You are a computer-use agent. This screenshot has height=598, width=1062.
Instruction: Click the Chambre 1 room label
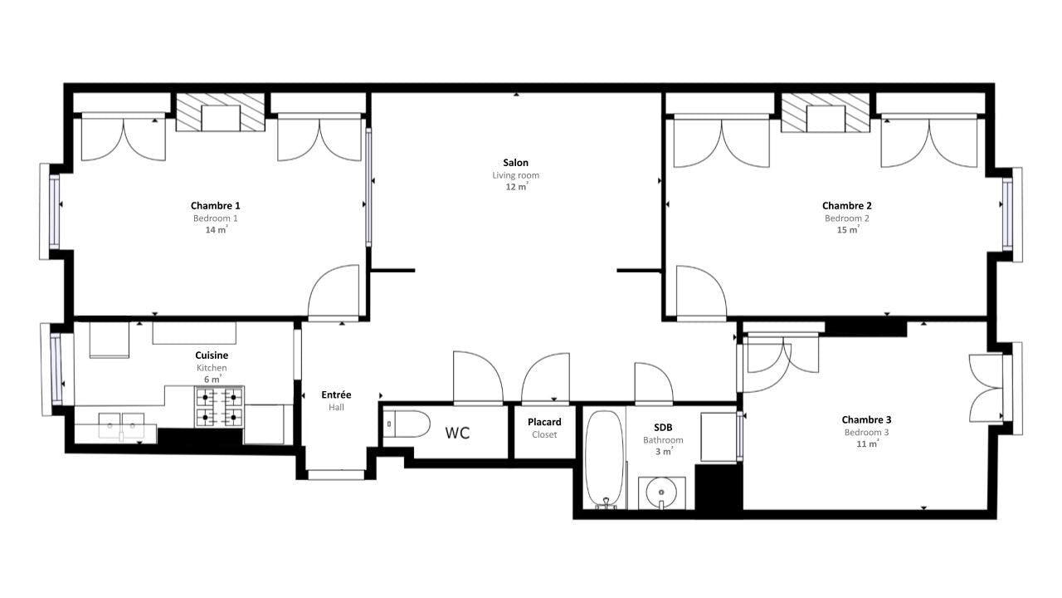click(x=215, y=205)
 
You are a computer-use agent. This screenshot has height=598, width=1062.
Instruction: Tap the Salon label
click(x=515, y=163)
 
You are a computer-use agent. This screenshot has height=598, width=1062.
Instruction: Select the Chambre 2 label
click(x=847, y=205)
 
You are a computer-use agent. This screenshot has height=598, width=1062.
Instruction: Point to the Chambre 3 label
click(x=866, y=419)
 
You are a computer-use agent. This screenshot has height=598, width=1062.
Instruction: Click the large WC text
click(x=457, y=433)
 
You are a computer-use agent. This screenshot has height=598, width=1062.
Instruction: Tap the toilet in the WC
click(x=407, y=424)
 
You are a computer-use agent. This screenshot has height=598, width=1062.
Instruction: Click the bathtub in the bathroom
click(x=604, y=459)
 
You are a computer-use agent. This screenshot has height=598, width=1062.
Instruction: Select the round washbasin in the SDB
click(x=661, y=493)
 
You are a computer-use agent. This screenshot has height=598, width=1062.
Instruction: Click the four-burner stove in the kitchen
click(x=219, y=407)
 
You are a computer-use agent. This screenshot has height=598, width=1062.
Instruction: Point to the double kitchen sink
click(x=121, y=425)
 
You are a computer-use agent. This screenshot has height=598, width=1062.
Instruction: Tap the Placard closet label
click(x=544, y=422)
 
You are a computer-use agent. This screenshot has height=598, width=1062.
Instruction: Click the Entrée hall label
click(x=336, y=395)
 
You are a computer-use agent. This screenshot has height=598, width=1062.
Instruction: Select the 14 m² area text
click(x=217, y=230)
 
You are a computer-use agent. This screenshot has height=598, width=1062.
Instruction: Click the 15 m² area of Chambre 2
click(x=848, y=230)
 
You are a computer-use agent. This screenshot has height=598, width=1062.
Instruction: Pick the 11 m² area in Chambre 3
click(x=867, y=444)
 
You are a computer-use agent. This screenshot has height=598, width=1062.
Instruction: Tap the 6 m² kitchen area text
click(x=212, y=380)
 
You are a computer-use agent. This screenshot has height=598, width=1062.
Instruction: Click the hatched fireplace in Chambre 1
click(x=221, y=112)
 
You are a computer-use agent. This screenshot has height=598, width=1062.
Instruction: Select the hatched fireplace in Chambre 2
click(x=826, y=112)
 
